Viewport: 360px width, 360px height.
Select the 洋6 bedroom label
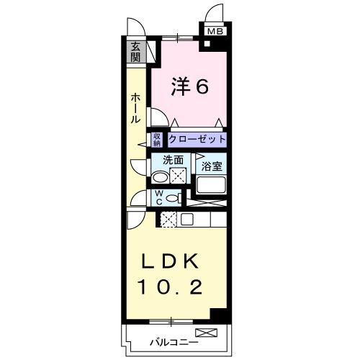tap(190, 87)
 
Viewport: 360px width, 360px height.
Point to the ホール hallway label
tap(135, 109)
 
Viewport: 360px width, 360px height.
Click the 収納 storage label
tap(156, 139)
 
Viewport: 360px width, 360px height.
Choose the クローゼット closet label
tap(197, 139)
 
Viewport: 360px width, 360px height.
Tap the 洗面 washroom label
tap(172, 161)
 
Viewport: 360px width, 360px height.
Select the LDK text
tap(176, 260)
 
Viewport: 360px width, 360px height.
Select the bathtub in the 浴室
tap(212, 185)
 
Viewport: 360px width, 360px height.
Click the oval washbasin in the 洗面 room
tap(160, 178)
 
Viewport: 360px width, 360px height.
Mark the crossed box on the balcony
tap(205, 333)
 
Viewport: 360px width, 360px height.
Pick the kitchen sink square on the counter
tap(186, 220)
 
